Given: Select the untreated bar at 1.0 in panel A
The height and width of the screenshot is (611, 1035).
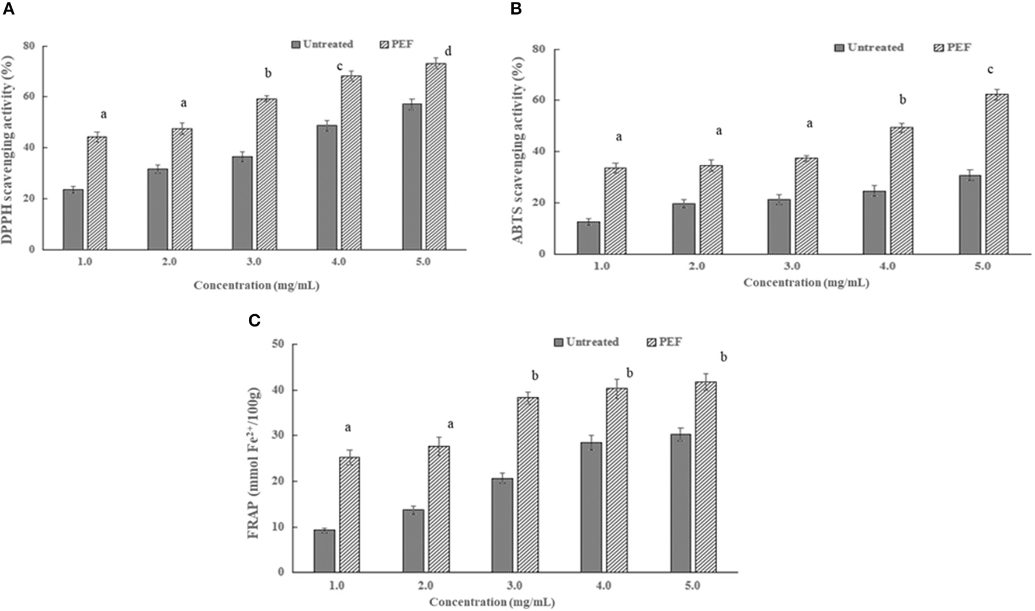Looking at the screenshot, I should click(x=73, y=219).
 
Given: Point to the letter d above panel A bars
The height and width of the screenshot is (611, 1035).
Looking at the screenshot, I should click(x=448, y=51).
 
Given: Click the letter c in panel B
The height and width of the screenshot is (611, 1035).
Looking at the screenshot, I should click(x=989, y=70).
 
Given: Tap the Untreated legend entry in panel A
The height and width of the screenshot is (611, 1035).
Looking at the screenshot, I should click(x=322, y=44).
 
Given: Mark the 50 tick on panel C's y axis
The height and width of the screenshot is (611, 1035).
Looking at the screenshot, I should click(x=278, y=344).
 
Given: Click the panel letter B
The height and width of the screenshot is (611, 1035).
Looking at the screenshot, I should click(x=516, y=10).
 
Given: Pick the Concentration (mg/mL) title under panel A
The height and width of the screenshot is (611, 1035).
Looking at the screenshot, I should click(x=256, y=286).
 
